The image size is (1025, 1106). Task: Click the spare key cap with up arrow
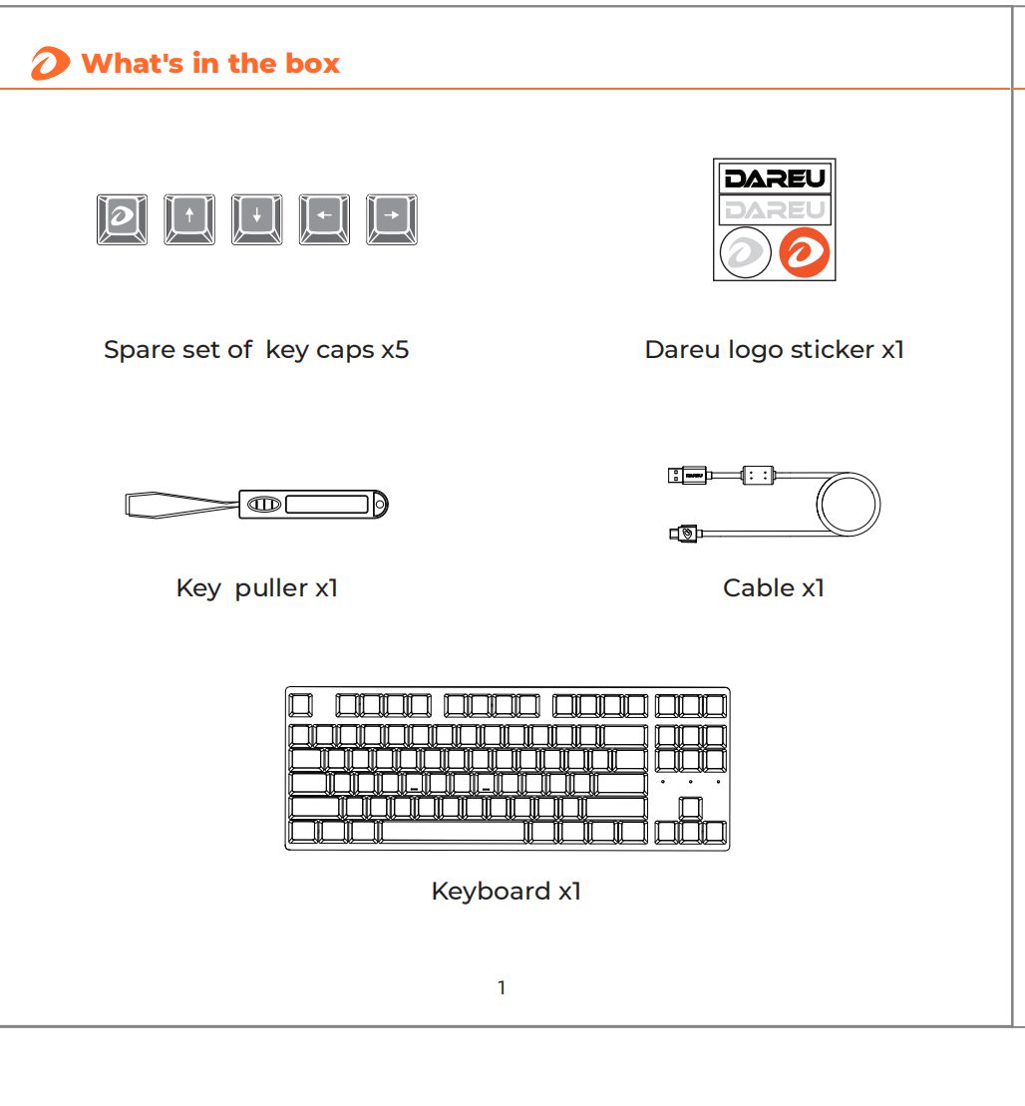tap(189, 219)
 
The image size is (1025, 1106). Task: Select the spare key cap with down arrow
tap(256, 219)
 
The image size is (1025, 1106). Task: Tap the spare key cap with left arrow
tap(324, 219)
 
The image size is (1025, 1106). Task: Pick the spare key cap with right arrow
tap(391, 219)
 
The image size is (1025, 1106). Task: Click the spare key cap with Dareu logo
tap(122, 219)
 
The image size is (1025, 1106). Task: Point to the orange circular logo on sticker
tap(804, 252)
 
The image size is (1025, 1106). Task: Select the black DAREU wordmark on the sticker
tap(774, 179)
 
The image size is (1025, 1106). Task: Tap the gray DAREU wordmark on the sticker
tap(774, 209)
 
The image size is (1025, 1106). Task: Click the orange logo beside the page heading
tap(50, 65)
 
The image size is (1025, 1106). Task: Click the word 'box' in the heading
tap(313, 64)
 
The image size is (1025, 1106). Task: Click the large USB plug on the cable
tap(688, 476)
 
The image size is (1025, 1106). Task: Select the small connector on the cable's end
tap(683, 535)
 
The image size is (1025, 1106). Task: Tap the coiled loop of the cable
tap(847, 504)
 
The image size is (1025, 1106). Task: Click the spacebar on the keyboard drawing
tap(454, 832)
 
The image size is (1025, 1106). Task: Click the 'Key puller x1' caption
tap(256, 587)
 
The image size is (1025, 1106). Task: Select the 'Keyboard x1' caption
tap(506, 891)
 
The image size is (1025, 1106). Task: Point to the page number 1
tap(502, 988)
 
